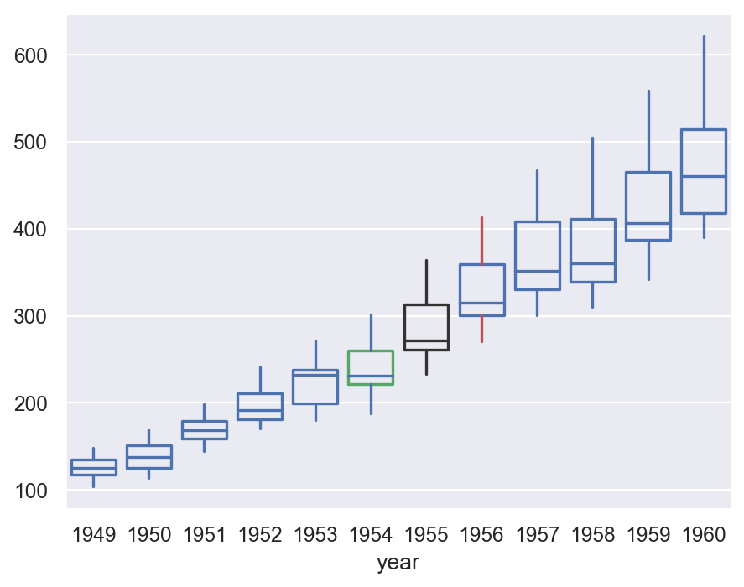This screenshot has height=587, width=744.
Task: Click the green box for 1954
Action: coord(371,367)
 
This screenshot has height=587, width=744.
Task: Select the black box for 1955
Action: coord(426,327)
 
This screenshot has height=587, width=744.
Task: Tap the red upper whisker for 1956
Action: coord(481,241)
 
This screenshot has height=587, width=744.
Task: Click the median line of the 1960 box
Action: coord(703,176)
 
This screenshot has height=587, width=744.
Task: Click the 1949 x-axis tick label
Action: coord(94,535)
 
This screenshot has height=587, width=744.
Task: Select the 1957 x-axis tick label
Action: coord(537,535)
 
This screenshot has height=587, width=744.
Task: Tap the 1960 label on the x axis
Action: coord(703,535)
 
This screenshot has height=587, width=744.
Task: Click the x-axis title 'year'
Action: coord(398,563)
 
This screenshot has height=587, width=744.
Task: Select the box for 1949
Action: coord(94,467)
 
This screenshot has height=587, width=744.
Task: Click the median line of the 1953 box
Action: coord(315,375)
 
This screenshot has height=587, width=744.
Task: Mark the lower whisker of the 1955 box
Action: coord(426,362)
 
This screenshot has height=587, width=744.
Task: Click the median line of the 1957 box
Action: coord(537,271)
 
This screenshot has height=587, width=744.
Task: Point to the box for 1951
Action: coord(205,429)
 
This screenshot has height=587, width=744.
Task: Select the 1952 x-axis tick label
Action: coord(260,535)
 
